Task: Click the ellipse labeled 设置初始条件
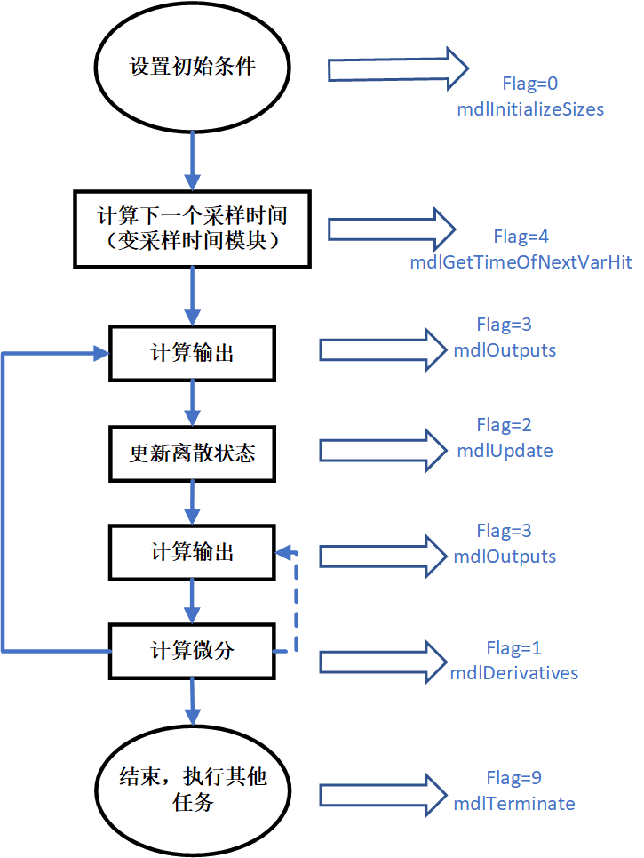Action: point(192,68)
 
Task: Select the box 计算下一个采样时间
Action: point(193,229)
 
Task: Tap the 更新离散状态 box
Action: point(193,453)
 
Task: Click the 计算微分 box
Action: point(193,651)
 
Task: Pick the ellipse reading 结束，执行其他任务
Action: point(192,789)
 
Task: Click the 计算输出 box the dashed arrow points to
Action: point(193,552)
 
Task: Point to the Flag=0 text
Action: point(529,85)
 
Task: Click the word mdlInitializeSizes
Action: point(530,109)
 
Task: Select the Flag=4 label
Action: point(521,237)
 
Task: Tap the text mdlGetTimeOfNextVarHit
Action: point(521,262)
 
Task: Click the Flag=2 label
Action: point(504,425)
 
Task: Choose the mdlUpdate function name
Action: point(505,451)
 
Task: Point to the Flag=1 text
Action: point(513,647)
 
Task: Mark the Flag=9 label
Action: point(513,778)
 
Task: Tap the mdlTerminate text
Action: point(514,804)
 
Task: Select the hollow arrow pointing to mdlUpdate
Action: point(383,450)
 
